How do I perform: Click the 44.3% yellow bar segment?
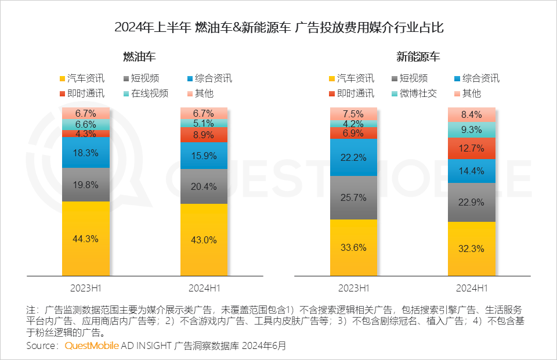tap(86, 239)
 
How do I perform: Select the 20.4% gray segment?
tap(204, 186)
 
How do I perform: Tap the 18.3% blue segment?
tap(86, 152)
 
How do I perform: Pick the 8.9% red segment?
tap(204, 135)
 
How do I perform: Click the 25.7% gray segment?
tap(354, 197)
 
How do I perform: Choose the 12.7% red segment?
tap(471, 148)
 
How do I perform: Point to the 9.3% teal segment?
tap(471, 129)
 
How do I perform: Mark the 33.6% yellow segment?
tap(354, 247)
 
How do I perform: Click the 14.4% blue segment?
tap(471, 171)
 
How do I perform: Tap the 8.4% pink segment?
tap(471, 114)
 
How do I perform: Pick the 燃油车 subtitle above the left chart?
tap(139, 57)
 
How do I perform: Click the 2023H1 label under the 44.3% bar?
tap(86, 287)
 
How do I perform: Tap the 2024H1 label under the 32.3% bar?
tap(471, 287)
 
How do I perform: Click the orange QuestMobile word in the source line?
tap(92, 345)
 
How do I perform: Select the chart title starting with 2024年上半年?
tap(278, 27)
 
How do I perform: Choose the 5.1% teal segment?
tap(204, 123)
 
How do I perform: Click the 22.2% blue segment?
tap(354, 157)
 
